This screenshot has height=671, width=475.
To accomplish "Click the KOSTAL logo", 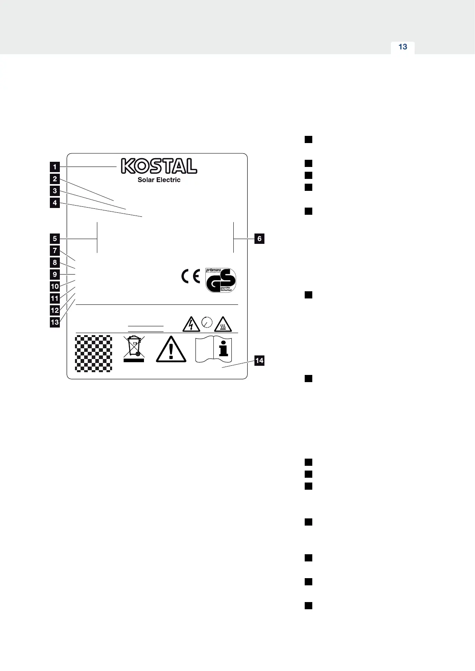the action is tap(159, 166).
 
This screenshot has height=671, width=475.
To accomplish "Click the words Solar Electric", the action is tap(159, 180).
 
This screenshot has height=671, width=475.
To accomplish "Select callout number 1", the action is tap(55, 167).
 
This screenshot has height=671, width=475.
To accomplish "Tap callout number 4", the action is tap(55, 203).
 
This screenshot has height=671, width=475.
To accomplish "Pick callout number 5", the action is tap(55, 239).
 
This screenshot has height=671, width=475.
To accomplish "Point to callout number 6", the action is tap(259, 239).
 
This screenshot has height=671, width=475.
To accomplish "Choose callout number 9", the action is tap(55, 275).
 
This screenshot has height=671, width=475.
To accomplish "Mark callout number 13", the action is tap(55, 322).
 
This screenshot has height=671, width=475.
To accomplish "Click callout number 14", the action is tap(259, 361).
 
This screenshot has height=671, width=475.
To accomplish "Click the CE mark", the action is tap(191, 276).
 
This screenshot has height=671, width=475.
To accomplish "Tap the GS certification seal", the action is tap(221, 280).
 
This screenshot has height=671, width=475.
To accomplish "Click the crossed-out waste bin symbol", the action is tap(134, 349).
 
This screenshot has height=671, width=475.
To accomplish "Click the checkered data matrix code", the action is tap(94, 353).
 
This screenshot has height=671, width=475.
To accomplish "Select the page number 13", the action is tap(403, 47).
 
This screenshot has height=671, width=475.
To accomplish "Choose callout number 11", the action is tap(55, 298).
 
